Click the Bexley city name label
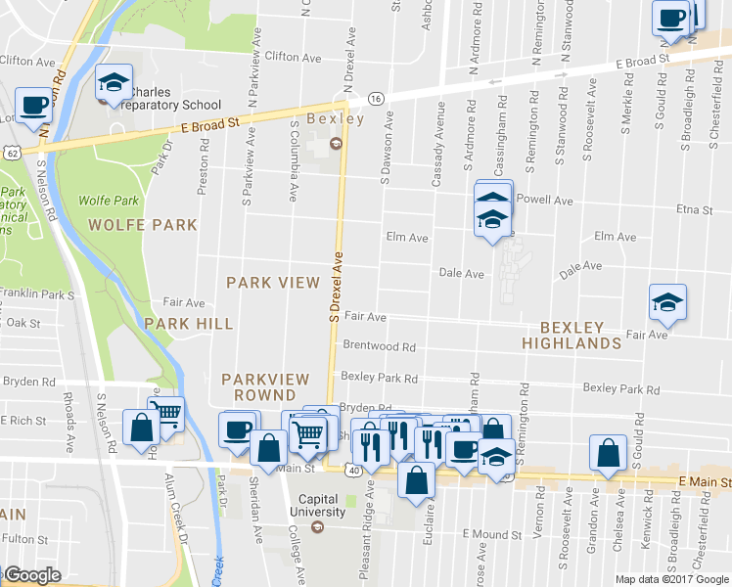[335, 119]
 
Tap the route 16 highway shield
[375, 98]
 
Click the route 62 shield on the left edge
[10, 154]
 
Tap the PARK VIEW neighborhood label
[273, 283]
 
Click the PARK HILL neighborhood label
[189, 324]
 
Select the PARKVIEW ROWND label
[265, 386]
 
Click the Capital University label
[315, 504]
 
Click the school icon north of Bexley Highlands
[667, 303]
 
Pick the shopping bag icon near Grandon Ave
[608, 453]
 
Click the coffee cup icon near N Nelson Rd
[34, 106]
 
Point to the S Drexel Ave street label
[335, 287]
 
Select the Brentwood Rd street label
[379, 346]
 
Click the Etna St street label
[694, 209]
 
